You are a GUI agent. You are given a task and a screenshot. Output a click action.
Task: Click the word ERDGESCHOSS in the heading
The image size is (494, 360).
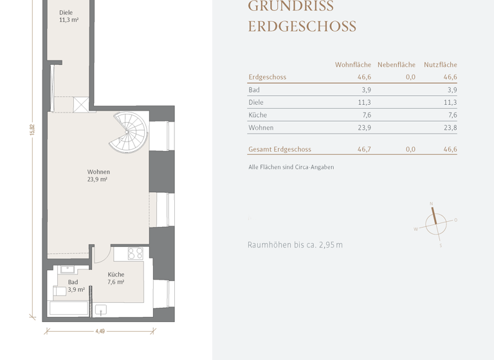[x=302, y=27]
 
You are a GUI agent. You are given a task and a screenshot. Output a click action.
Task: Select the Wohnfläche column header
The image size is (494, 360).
[x=352, y=65]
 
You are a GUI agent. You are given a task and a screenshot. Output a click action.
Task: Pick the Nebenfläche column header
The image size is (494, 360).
[x=396, y=65]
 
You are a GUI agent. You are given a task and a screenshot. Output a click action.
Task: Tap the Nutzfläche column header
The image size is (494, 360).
[x=440, y=65]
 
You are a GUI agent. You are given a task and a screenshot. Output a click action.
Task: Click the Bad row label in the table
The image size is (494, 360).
[x=254, y=90]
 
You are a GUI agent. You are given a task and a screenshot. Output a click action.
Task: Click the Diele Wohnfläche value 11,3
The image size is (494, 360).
[x=364, y=103]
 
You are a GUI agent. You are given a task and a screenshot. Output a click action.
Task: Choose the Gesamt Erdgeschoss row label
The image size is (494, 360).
[x=279, y=149]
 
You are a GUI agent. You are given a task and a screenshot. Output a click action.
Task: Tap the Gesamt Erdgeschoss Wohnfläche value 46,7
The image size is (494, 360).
[x=364, y=149]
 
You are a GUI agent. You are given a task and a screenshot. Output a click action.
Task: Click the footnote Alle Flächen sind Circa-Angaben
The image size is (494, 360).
[x=291, y=167]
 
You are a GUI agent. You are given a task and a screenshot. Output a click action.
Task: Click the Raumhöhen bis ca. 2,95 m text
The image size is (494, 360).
[x=295, y=245]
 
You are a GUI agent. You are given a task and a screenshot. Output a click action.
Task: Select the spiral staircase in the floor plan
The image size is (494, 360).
[x=128, y=132]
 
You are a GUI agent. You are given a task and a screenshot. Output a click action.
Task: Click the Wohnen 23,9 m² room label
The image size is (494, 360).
[x=98, y=175]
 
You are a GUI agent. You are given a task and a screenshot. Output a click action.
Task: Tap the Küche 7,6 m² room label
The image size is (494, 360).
[x=116, y=278]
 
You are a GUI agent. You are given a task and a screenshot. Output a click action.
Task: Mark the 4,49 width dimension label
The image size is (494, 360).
[x=100, y=332]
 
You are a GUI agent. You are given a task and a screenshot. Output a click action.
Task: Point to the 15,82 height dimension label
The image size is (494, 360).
[x=32, y=129]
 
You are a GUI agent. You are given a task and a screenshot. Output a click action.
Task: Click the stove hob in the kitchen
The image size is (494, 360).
[x=135, y=253]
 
